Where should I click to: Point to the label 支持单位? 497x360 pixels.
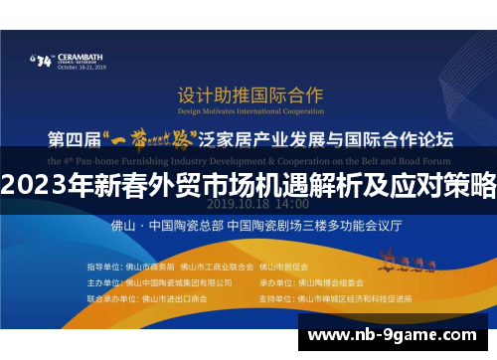click(x=272, y=296)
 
